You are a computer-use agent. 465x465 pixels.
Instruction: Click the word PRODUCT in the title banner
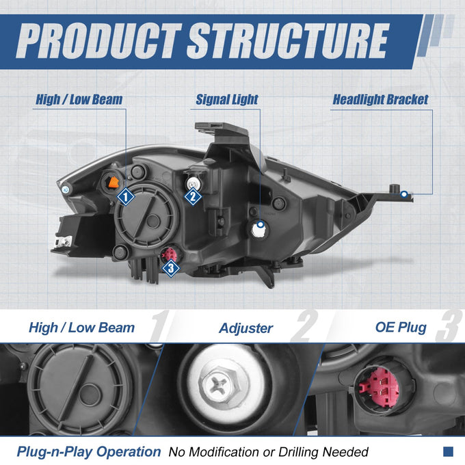click(x=98, y=40)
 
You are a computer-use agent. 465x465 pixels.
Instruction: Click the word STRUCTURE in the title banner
click(x=288, y=40)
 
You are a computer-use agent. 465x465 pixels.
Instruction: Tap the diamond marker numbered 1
click(x=125, y=197)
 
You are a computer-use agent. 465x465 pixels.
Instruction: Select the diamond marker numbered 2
click(x=193, y=196)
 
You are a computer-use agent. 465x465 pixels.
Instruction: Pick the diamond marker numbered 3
click(x=171, y=268)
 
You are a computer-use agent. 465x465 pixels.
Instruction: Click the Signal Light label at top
click(x=227, y=100)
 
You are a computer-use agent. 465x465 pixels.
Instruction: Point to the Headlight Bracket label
click(x=380, y=100)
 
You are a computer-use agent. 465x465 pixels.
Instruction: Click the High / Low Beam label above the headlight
click(x=79, y=99)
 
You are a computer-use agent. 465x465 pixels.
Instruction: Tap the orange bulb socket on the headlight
click(x=114, y=182)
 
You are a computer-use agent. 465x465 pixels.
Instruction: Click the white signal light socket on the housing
click(x=259, y=230)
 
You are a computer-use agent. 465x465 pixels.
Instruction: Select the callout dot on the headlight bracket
click(x=404, y=194)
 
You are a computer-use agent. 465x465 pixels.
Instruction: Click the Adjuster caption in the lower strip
click(x=246, y=328)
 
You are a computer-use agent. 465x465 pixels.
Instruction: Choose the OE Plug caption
click(x=401, y=328)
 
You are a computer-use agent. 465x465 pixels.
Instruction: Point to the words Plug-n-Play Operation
click(x=89, y=452)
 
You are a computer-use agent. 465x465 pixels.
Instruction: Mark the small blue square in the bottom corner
click(x=448, y=451)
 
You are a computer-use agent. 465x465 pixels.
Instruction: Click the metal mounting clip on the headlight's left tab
click(x=64, y=241)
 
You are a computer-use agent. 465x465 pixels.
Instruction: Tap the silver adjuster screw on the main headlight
click(x=193, y=183)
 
